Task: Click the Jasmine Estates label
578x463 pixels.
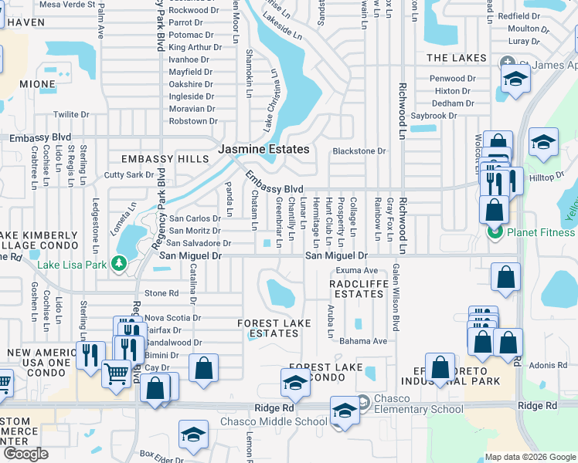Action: click(263, 149)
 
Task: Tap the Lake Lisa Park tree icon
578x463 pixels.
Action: click(118, 264)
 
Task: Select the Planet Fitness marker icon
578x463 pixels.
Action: click(495, 231)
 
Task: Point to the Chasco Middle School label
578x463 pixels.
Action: click(274, 421)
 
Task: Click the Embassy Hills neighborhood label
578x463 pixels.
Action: click(165, 159)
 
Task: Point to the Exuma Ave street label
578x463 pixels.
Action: click(356, 271)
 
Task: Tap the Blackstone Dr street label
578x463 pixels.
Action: click(359, 151)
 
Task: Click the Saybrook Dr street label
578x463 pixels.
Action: click(433, 116)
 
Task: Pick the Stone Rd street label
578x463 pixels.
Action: click(161, 293)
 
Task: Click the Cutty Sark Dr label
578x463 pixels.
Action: click(129, 175)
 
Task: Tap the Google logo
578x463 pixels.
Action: click(25, 454)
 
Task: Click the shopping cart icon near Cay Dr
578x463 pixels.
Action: click(116, 373)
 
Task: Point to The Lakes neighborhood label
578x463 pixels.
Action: click(457, 59)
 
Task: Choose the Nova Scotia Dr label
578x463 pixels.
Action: click(173, 318)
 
